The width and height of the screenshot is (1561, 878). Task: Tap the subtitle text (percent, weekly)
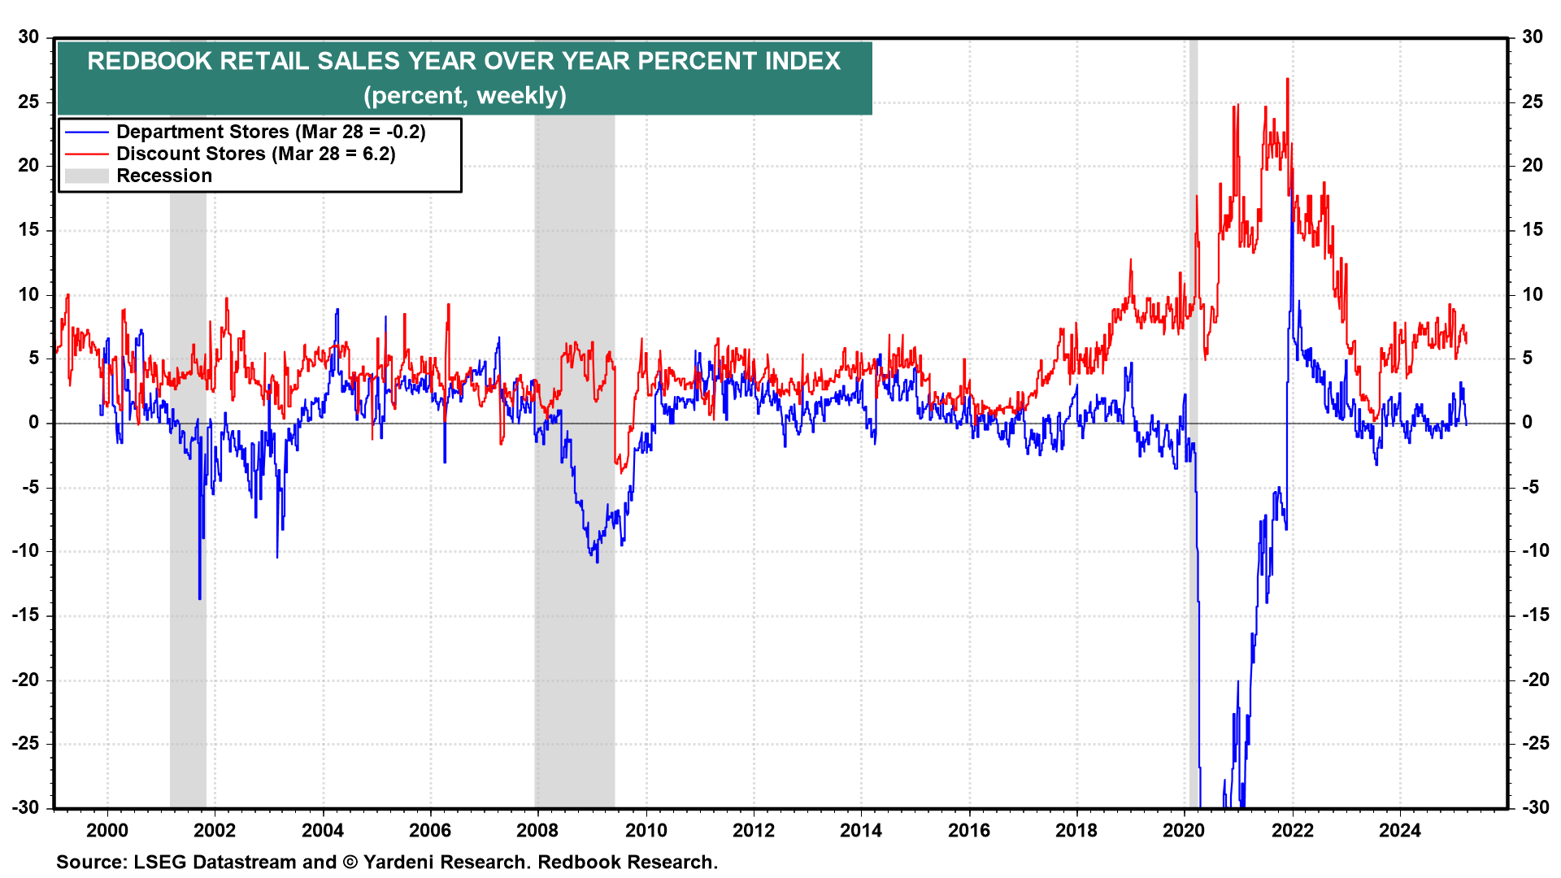464,95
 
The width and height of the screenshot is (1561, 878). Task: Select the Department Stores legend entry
271,132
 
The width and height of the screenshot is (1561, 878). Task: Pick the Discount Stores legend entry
255,154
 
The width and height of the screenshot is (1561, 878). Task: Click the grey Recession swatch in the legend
86,176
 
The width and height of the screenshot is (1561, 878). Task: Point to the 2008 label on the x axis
537,830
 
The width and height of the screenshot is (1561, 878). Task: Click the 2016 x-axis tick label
968,830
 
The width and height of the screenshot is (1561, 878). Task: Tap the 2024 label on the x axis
1399,830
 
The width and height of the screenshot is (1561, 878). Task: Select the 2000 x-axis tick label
107,830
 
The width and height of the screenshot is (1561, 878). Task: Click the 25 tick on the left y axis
29,102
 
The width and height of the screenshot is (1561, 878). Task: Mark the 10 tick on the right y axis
1532,294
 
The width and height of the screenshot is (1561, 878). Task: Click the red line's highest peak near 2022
1287,80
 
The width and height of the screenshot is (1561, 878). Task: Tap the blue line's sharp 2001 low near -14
200,598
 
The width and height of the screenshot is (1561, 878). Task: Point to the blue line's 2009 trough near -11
598,561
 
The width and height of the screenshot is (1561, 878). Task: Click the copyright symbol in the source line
350,862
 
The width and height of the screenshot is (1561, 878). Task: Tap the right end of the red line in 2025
1466,342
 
